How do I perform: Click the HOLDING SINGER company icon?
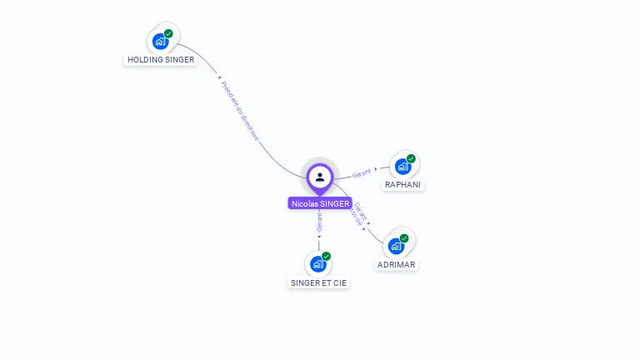tap(160, 41)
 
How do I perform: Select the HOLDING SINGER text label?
tap(161, 60)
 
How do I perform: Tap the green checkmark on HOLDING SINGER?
tap(168, 34)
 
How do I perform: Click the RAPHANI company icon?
tap(402, 166)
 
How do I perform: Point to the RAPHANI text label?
tap(403, 185)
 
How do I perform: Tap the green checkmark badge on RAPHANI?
tap(411, 158)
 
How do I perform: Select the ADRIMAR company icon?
tap(396, 246)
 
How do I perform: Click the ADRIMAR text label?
tap(396, 265)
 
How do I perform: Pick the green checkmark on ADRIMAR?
tap(404, 238)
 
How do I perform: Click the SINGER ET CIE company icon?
tap(317, 264)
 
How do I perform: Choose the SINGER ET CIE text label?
tap(319, 283)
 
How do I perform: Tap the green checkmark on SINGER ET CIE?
tap(326, 257)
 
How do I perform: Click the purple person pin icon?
tap(320, 177)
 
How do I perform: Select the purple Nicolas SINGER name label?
tap(320, 203)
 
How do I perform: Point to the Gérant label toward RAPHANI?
tap(362, 173)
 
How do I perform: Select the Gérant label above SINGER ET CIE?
tap(319, 222)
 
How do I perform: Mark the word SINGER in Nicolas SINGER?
tap(334, 203)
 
